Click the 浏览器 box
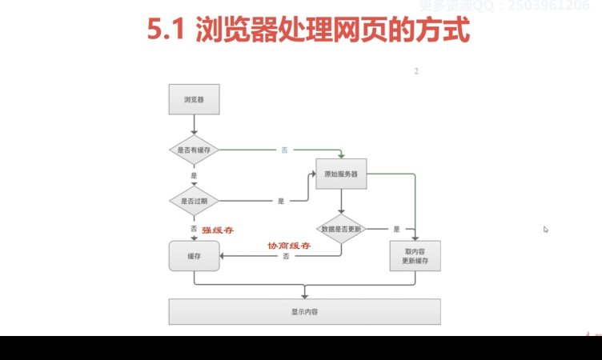pos(194,100)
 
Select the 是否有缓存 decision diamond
pos(194,150)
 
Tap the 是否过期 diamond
pos(194,201)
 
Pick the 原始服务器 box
pos(340,173)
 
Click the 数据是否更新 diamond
pos(341,229)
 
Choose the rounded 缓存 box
pos(194,256)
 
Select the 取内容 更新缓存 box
pos(415,256)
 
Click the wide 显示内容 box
pos(304,311)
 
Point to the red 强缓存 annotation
pos(217,230)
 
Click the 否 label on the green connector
pos(284,150)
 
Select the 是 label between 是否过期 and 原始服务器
pos(281,201)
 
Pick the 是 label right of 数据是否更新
pos(396,229)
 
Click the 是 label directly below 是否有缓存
pos(194,175)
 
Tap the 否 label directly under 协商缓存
pos(286,256)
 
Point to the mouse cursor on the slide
pos(546,230)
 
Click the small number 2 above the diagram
pos(416,72)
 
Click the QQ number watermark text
pos(552,6)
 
